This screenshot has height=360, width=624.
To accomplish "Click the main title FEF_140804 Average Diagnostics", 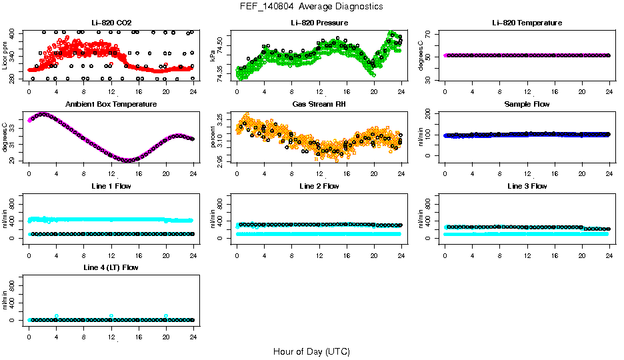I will [312, 7].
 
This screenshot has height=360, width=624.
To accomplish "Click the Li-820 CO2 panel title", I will [111, 23].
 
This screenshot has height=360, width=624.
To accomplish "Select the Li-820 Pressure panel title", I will [319, 23].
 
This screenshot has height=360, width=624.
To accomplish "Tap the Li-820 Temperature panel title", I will [527, 23].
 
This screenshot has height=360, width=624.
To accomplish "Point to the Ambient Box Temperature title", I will [111, 105].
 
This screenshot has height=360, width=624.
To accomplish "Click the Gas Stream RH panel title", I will [319, 105].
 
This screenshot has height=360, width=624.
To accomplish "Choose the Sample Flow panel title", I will [527, 105].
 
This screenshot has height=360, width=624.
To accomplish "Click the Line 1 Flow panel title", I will [111, 186].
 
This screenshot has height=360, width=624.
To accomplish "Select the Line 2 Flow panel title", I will [319, 186].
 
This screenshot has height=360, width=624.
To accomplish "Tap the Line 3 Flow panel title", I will [527, 186].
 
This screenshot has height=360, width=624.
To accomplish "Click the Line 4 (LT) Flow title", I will [111, 267].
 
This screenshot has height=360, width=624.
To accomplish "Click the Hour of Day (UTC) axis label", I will [312, 351].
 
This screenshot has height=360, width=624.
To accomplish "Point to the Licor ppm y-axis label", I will [5, 55].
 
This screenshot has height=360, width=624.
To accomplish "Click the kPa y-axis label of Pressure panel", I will [213, 56].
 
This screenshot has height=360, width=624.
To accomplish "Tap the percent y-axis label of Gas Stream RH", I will [213, 137].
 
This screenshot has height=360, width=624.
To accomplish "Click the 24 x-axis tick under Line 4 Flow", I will [193, 329].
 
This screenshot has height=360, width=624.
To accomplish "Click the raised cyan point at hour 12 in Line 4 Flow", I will [111, 316].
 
